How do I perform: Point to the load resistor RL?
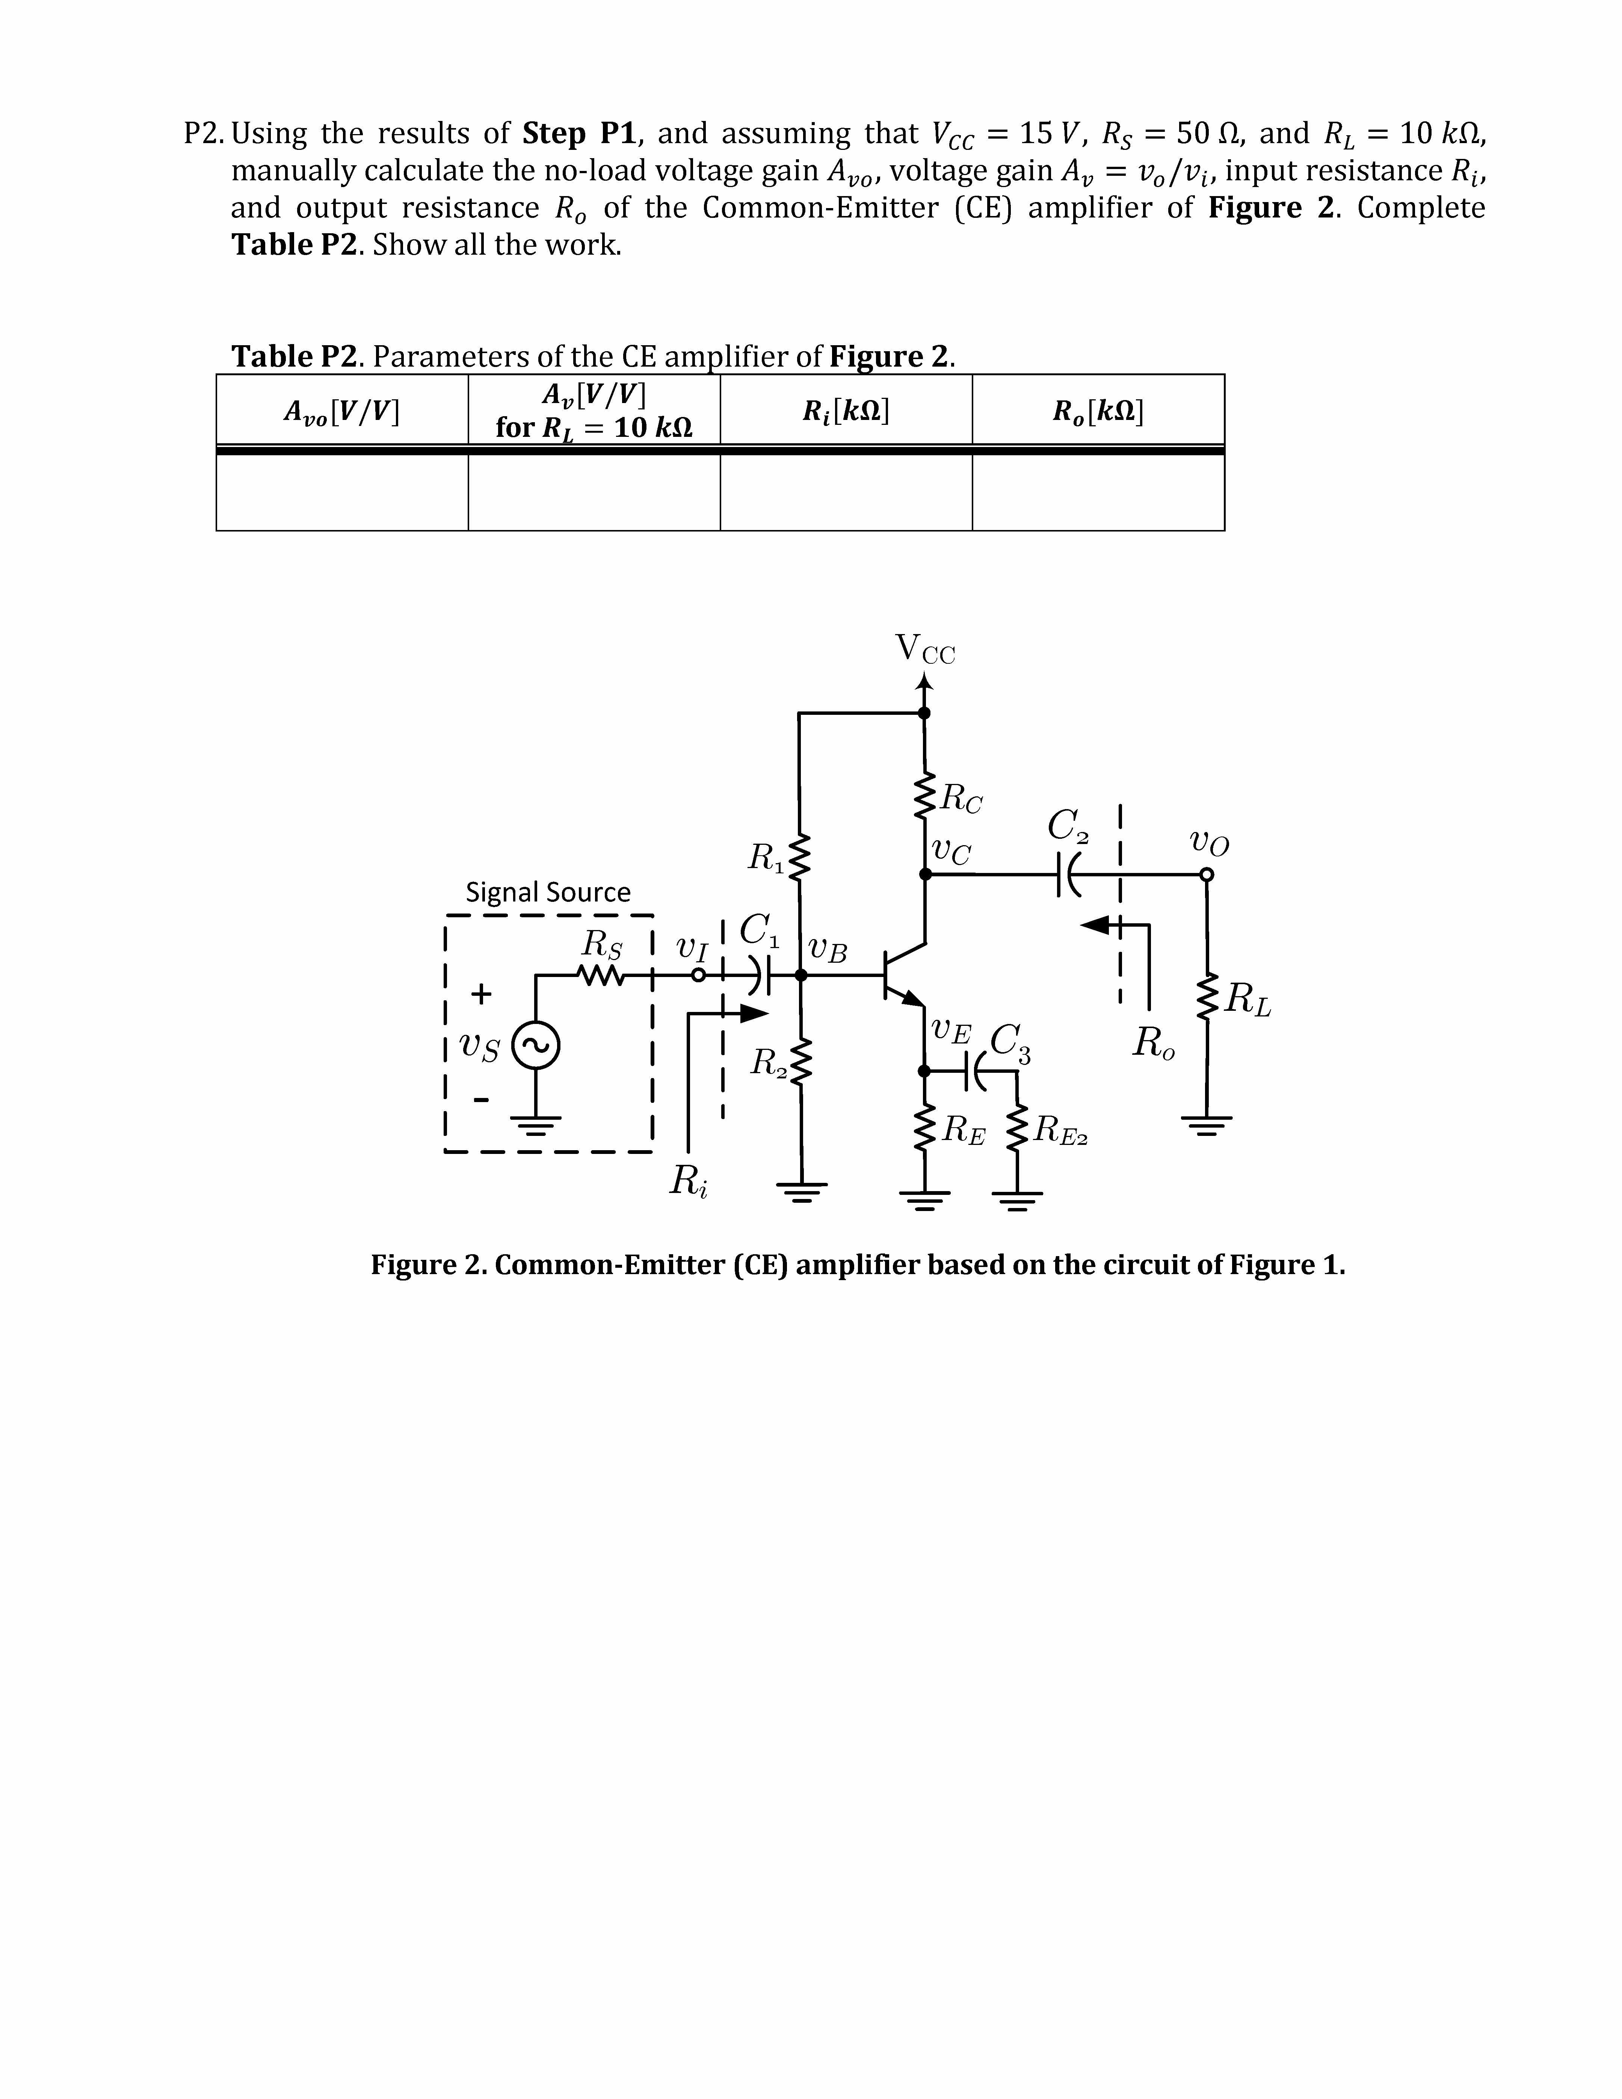[x=1208, y=1000]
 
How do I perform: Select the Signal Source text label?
[x=548, y=892]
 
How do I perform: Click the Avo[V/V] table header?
[x=342, y=411]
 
